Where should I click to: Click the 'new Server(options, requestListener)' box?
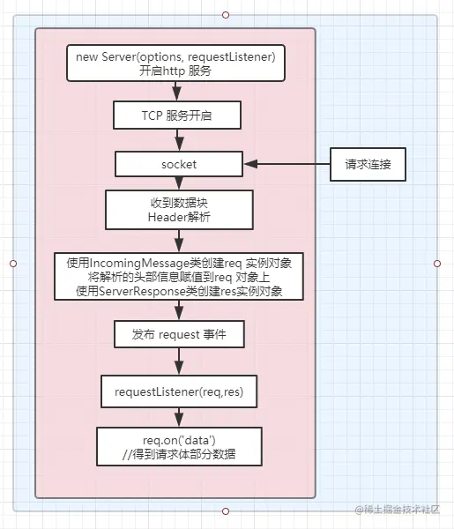point(175,63)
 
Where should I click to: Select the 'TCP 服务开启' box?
point(177,115)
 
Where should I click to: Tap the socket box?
point(179,164)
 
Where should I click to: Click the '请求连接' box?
point(368,164)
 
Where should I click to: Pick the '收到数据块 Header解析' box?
point(179,210)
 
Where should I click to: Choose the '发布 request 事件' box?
point(179,334)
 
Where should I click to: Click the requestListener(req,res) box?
point(179,391)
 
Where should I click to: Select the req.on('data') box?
point(179,447)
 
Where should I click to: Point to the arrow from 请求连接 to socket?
point(287,164)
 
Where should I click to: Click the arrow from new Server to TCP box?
point(176,91)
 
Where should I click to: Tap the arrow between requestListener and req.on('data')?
point(179,417)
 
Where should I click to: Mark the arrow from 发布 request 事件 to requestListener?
point(179,361)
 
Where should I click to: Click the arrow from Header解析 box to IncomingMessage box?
point(179,241)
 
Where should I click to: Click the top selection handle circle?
point(226,15)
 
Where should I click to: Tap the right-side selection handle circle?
point(437,264)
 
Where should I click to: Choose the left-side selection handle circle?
point(13,264)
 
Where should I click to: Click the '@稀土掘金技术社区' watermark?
point(398,510)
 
